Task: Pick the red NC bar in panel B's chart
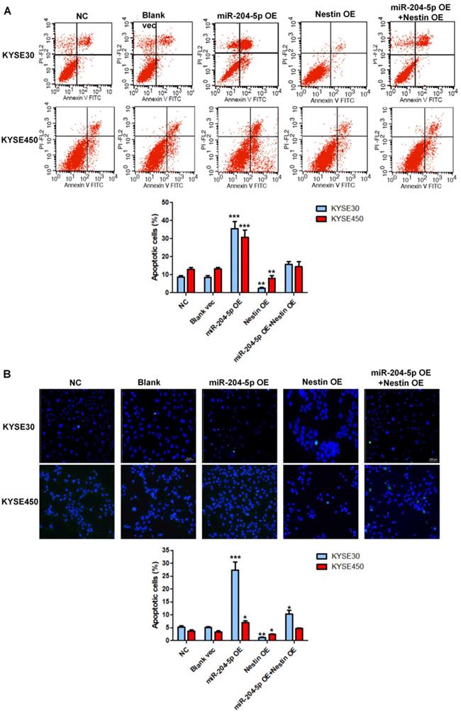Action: point(191,635)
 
